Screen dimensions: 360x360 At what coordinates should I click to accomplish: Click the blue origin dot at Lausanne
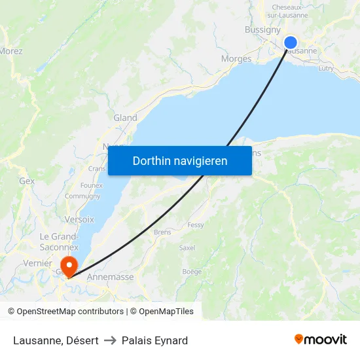pyautogui.click(x=291, y=43)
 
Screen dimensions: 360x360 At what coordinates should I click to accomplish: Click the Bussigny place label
pyautogui.click(x=262, y=29)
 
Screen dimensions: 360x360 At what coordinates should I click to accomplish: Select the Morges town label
pyautogui.click(x=236, y=59)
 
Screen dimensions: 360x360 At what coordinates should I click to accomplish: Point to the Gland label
pyautogui.click(x=125, y=118)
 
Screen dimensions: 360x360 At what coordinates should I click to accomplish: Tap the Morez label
pyautogui.click(x=11, y=51)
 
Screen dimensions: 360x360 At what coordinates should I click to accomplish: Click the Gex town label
pyautogui.click(x=27, y=181)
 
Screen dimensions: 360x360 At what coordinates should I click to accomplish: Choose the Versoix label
pyautogui.click(x=79, y=219)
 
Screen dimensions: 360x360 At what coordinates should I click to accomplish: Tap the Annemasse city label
pyautogui.click(x=110, y=277)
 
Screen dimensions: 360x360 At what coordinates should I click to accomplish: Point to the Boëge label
pyautogui.click(x=192, y=271)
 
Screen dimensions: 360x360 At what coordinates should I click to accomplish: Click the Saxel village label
pyautogui.click(x=187, y=248)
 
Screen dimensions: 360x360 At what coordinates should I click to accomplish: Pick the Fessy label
pyautogui.click(x=196, y=225)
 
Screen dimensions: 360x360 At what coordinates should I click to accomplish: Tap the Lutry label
pyautogui.click(x=326, y=67)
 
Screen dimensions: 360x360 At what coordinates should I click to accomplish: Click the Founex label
pyautogui.click(x=92, y=185)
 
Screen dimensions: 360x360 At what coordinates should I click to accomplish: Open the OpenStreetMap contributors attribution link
pyautogui.click(x=70, y=312)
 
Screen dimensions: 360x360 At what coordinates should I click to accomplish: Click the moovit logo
pyautogui.click(x=321, y=340)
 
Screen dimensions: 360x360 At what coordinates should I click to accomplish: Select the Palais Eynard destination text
pyautogui.click(x=154, y=340)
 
